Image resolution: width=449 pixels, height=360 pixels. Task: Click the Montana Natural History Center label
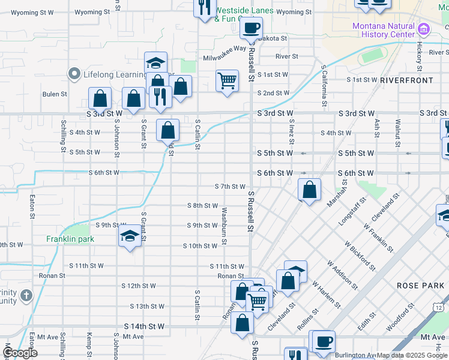pos(384,30)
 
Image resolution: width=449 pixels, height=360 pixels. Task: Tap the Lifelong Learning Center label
pos(114,74)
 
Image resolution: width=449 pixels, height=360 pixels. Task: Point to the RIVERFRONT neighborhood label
pos(406,80)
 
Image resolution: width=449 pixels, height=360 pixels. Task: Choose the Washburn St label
pos(223,226)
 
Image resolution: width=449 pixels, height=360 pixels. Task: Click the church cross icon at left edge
pos(26,295)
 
